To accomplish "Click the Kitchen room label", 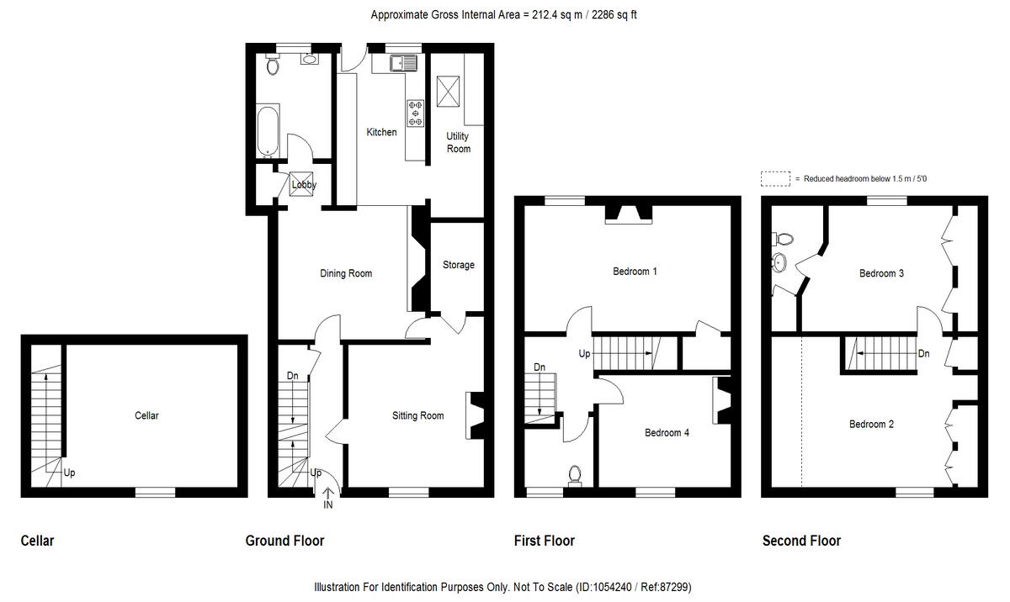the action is pos(381,132).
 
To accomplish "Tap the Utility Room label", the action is pos(458,142).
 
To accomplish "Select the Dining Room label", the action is pos(346,273).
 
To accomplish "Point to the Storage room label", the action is pos(458,265).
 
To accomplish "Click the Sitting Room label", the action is pos(417,415).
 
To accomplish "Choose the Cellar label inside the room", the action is pos(146,415).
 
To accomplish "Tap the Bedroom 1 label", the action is pos(635,272).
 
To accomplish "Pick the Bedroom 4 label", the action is pos(667,433).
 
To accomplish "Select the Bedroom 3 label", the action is pos(881,273).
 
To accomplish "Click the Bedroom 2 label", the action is pos(871,425).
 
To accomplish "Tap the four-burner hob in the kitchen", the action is pos(416,113).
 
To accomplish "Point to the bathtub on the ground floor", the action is pos(268,132).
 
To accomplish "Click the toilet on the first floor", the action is pos(576,476).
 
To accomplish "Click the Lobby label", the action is pos(304,185).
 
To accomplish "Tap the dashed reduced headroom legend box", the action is pos(775,178).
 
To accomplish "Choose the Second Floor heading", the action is pos(801,541).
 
